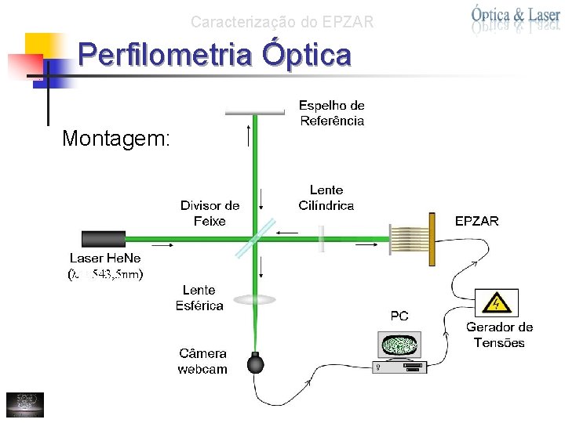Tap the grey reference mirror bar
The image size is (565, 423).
pyautogui.click(x=254, y=113)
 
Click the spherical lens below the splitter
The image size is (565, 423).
pyautogui.click(x=254, y=299)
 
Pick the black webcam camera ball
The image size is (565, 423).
pyautogui.click(x=256, y=363)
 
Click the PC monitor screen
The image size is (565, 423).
pyautogui.click(x=399, y=345)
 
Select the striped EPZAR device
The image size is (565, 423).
pyautogui.click(x=413, y=237)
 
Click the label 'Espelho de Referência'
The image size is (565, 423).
pyautogui.click(x=331, y=113)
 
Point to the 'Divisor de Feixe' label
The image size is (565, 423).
pyautogui.click(x=210, y=213)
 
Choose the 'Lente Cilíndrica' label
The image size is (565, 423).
pyautogui.click(x=326, y=197)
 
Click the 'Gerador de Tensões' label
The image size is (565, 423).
pyautogui.click(x=499, y=335)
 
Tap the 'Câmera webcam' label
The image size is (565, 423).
pyautogui.click(x=202, y=361)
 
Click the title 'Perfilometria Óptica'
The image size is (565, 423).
pyautogui.click(x=215, y=56)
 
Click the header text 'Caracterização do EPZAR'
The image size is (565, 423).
pyautogui.click(x=282, y=23)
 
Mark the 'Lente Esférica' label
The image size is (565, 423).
pyautogui.click(x=199, y=298)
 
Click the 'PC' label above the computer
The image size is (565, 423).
pyautogui.click(x=399, y=316)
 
